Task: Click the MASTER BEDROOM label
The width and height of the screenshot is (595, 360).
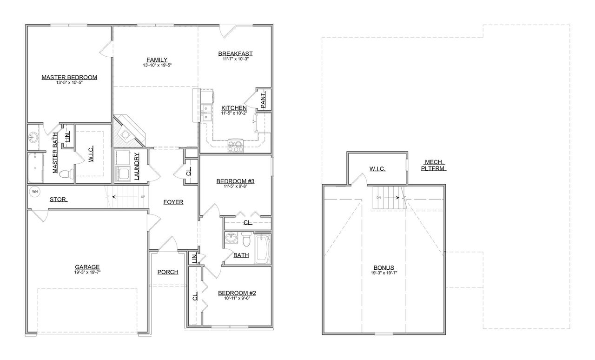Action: pyautogui.click(x=69, y=77)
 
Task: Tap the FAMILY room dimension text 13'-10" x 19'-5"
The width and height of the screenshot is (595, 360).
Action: pyautogui.click(x=157, y=66)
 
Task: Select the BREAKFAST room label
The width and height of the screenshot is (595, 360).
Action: pyautogui.click(x=235, y=53)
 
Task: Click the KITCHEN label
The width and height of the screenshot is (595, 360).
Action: pyautogui.click(x=234, y=108)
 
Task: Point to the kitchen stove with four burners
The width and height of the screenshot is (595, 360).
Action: pyautogui.click(x=235, y=147)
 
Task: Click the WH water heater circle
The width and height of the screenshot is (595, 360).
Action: pyautogui.click(x=34, y=191)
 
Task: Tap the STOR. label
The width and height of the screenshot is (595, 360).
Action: pyautogui.click(x=59, y=200)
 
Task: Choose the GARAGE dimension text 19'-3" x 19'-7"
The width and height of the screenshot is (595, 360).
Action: pyautogui.click(x=87, y=273)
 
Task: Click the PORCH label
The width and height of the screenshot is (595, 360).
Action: pyautogui.click(x=167, y=272)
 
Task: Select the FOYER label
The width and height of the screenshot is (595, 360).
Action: pyautogui.click(x=173, y=202)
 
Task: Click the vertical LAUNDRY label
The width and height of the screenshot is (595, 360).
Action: pyautogui.click(x=137, y=166)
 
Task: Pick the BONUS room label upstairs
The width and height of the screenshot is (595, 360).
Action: pyautogui.click(x=383, y=267)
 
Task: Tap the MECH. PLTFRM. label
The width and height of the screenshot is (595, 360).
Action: pyautogui.click(x=433, y=165)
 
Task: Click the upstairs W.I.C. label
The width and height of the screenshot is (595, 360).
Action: pyautogui.click(x=377, y=168)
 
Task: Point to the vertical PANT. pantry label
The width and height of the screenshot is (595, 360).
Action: pyautogui.click(x=263, y=100)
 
